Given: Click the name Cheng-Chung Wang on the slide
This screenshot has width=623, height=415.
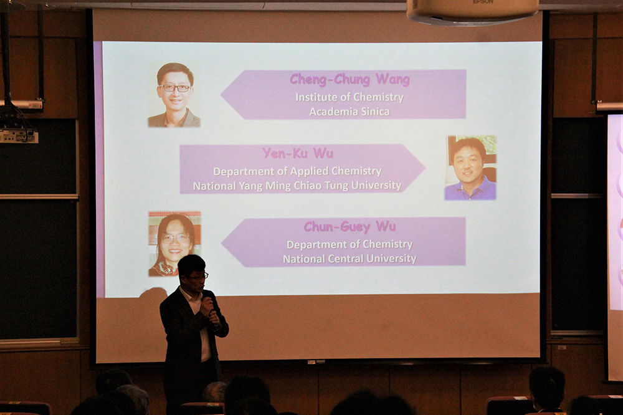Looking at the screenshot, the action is click(x=350, y=80).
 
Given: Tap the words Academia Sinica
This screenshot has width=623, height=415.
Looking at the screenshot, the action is click(x=350, y=112).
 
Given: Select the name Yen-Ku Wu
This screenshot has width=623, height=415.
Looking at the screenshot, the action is click(x=298, y=153).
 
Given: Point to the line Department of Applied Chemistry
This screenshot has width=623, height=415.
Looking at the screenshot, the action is click(x=297, y=171).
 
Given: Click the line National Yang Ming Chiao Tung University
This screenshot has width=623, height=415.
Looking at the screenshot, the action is click(x=297, y=186).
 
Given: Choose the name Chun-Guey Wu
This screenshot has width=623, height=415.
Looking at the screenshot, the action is click(x=350, y=227).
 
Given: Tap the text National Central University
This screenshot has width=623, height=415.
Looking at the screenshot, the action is click(x=350, y=259).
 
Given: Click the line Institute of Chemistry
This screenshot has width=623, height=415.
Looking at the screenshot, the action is click(x=350, y=97).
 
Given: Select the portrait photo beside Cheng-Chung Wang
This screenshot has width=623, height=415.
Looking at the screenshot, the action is click(x=174, y=95).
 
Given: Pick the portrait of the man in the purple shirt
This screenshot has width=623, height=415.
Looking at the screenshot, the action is click(x=471, y=168).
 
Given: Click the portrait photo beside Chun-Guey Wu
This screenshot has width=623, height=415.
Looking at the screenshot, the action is click(x=174, y=244).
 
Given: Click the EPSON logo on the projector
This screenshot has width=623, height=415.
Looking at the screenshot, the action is click(x=483, y=2).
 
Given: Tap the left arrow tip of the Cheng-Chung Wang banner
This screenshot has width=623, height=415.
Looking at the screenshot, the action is click(x=221, y=95).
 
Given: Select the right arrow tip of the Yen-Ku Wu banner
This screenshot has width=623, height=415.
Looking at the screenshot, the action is click(x=426, y=168).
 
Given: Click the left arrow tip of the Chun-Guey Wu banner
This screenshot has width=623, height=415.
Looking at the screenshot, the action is click(x=221, y=242).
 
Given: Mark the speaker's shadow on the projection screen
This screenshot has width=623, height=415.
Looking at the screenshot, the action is click(x=153, y=292).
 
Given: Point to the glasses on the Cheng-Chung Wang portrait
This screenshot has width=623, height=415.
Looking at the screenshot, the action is click(x=175, y=88).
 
